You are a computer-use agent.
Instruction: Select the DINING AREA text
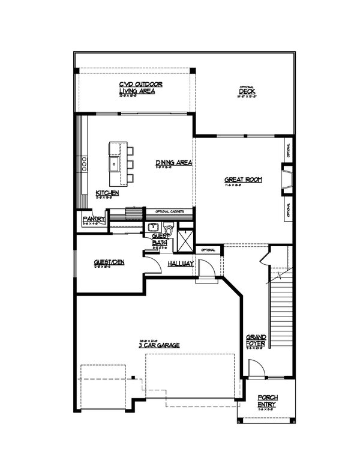pyautogui.click(x=173, y=163)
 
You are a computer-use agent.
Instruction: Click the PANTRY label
pyautogui.click(x=94, y=220)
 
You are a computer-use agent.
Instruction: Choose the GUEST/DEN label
pyautogui.click(x=109, y=262)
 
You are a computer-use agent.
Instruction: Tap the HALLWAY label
pyautogui.click(x=180, y=264)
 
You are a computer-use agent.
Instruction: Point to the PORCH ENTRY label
pyautogui.click(x=268, y=401)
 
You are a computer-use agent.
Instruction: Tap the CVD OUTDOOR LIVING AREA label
pyautogui.click(x=140, y=88)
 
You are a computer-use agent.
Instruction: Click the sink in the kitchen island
pyautogui.click(x=114, y=163)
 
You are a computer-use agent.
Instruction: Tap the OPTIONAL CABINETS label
pyautogui.click(x=169, y=211)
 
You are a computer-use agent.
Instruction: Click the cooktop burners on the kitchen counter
pyautogui.click(x=84, y=162)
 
